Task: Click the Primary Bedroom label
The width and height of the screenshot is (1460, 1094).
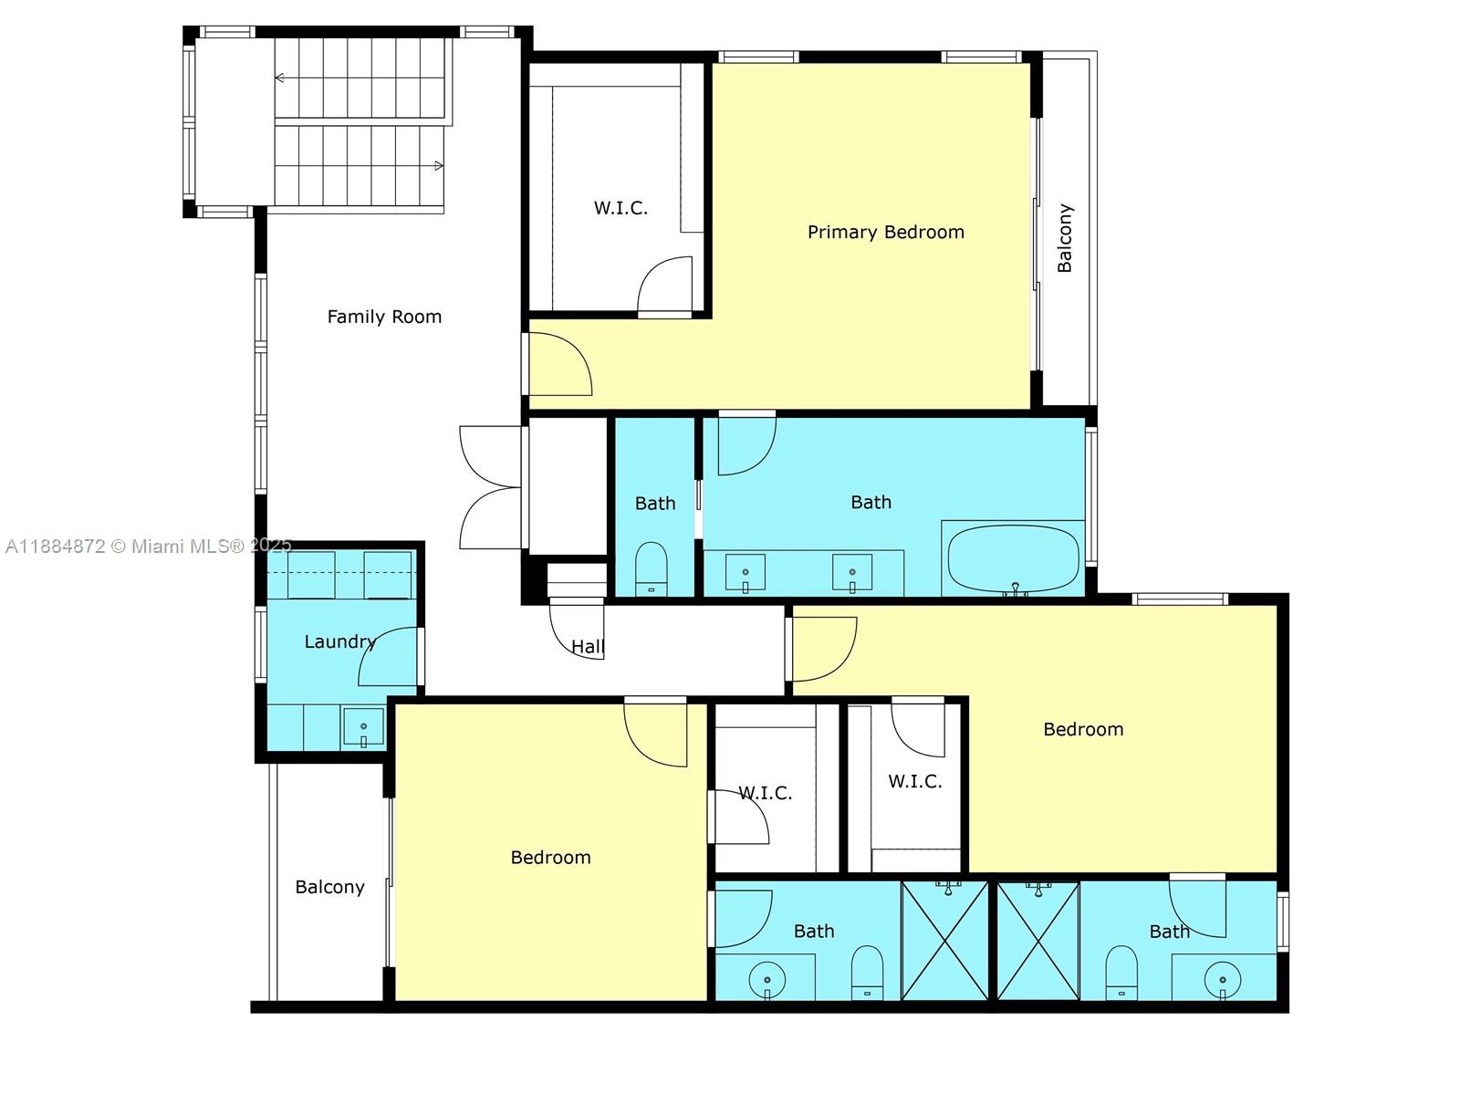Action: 885,232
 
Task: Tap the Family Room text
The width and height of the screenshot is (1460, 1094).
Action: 384,317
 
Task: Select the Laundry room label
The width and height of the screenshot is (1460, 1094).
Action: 339,641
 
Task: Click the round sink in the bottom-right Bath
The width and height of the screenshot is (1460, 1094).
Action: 1223,980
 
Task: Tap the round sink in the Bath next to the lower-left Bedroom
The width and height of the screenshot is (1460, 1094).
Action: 766,981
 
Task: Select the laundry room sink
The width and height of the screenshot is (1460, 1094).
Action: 363,728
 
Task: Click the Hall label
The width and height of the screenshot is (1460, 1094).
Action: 588,647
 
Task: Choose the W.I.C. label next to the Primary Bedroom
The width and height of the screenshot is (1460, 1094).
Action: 620,208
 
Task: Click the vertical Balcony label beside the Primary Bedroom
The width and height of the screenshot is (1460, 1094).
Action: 1065,238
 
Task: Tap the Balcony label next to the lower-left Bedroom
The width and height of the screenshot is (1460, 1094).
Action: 329,887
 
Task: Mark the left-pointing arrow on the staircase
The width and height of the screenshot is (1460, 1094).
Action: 280,78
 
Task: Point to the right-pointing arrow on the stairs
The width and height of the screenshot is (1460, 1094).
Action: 438,165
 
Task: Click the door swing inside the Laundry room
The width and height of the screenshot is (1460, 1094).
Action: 389,657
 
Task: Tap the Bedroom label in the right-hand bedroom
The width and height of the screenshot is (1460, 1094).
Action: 1083,729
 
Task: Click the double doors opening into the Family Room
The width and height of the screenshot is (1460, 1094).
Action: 491,488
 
